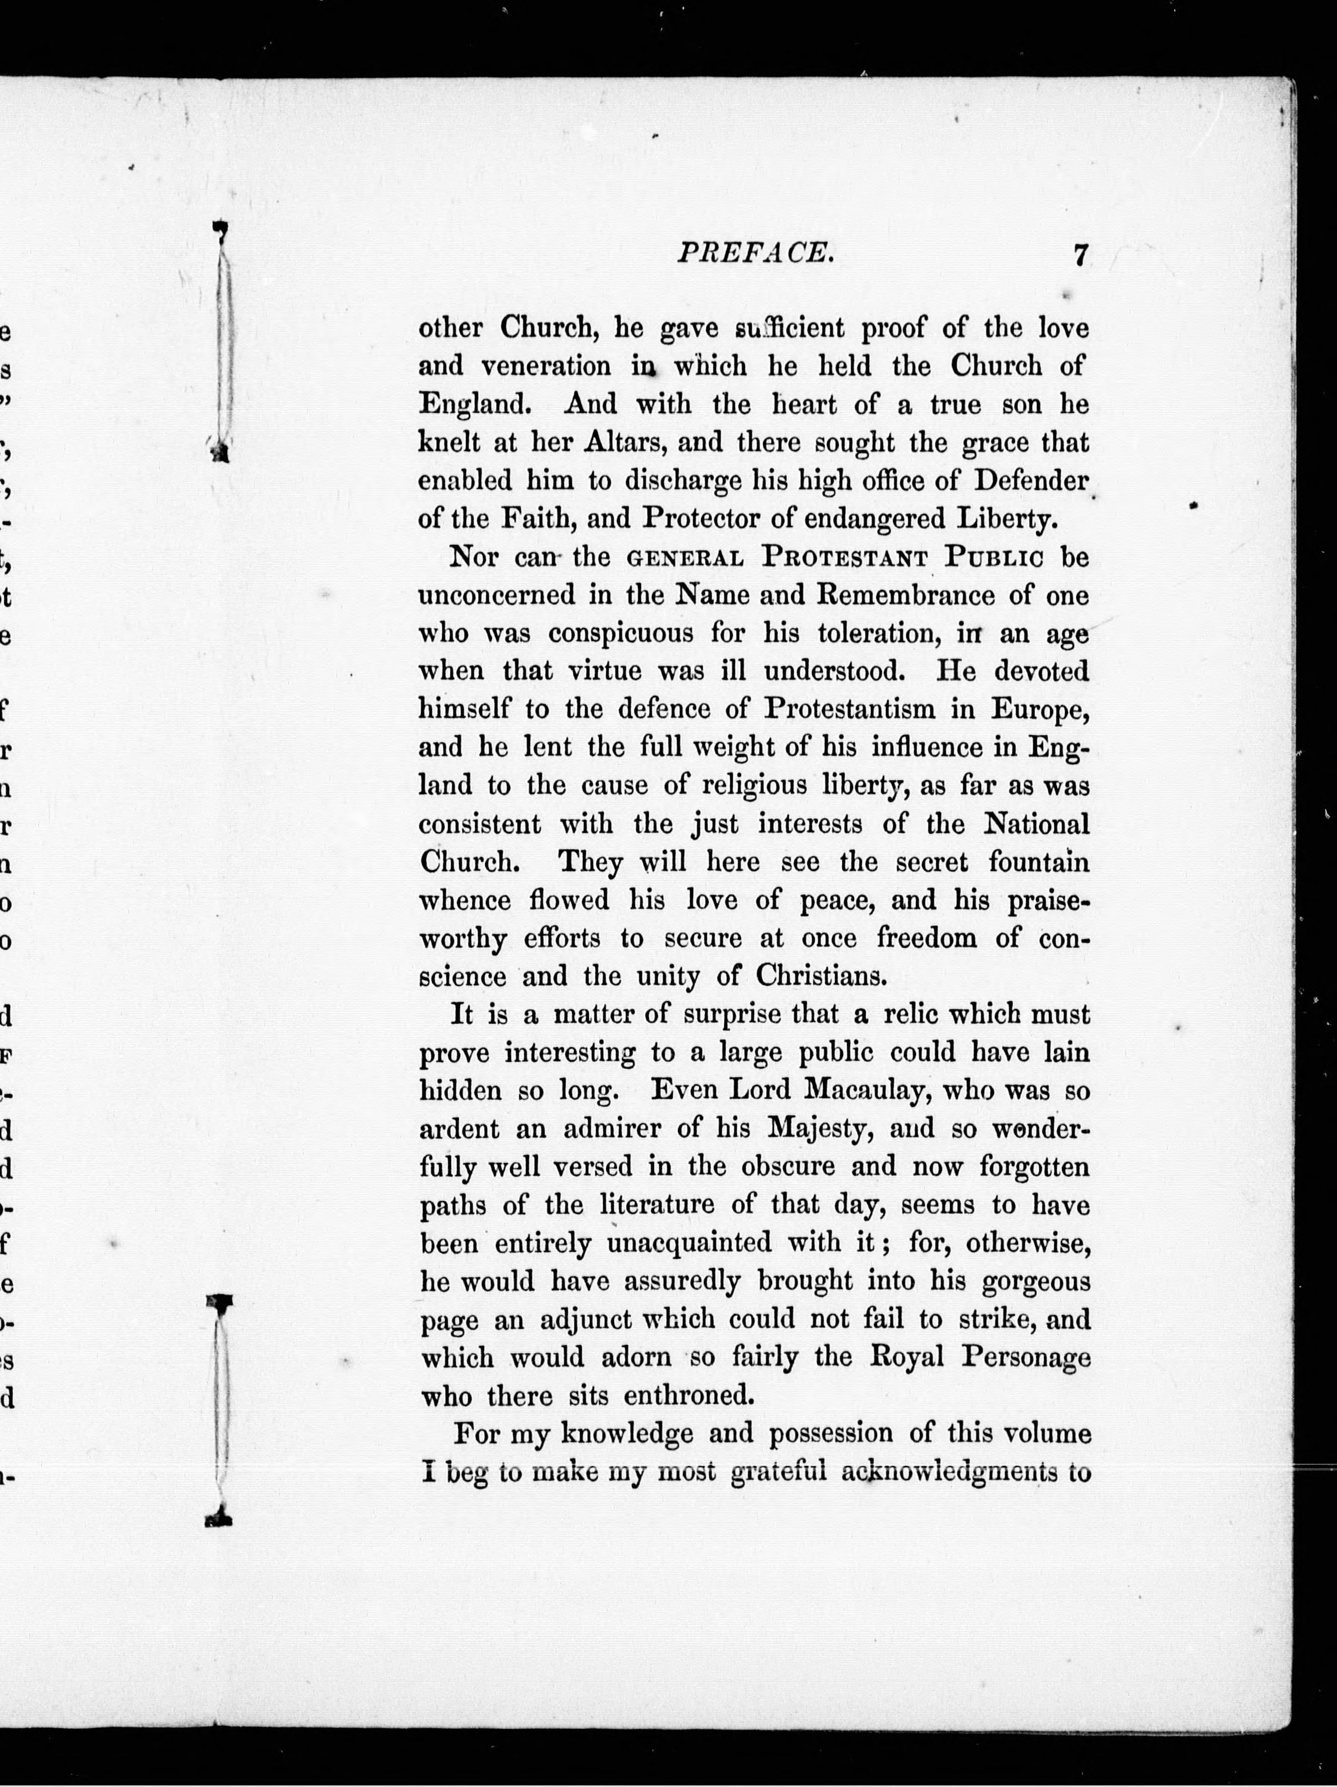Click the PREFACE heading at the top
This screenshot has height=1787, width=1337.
click(755, 254)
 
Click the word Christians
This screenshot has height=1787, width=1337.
click(822, 976)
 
